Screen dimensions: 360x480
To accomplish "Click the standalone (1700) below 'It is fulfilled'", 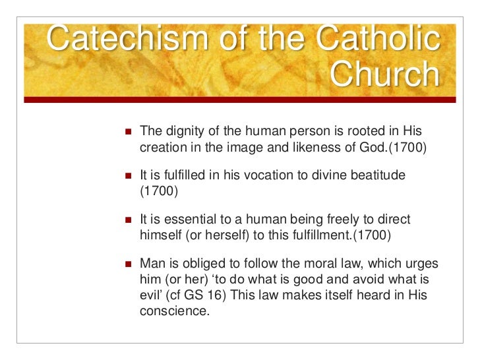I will pyautogui.click(x=159, y=192).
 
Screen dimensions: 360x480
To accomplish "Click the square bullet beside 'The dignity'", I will pyautogui.click(x=128, y=132).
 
